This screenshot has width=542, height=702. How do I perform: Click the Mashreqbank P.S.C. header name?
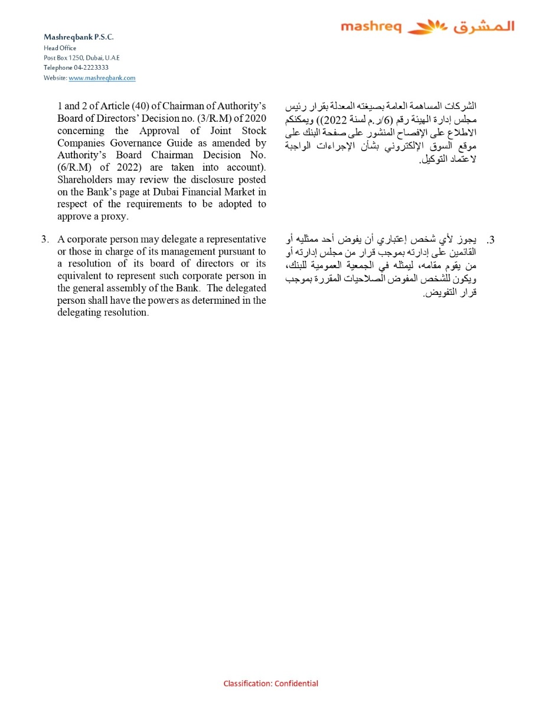pos(79,37)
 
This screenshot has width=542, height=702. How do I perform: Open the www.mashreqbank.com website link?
pos(102,78)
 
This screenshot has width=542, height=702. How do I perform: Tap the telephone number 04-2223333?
pos(91,67)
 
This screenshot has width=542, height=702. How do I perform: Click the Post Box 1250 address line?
pos(81,58)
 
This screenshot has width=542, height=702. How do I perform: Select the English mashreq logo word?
pos(371,27)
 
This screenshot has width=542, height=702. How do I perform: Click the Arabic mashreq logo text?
pos(484,27)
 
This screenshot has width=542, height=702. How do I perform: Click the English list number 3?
pos(45,239)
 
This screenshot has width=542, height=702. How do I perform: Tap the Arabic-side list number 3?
pos(490,240)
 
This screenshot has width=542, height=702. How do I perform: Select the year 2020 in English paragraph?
pos(254,118)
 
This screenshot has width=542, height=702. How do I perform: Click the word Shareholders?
pos(84,180)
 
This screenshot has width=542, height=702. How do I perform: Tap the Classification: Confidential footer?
pos(270,684)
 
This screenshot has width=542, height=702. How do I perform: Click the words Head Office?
pos(60,48)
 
